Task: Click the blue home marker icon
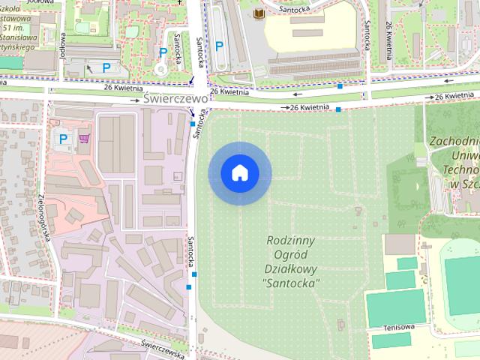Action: click(240, 173)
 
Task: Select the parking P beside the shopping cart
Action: click(64, 138)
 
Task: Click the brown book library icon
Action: click(259, 15)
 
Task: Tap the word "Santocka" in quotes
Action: click(292, 283)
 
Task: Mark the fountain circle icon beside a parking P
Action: click(160, 68)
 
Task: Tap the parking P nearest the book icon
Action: click(219, 46)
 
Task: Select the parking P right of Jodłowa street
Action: click(106, 67)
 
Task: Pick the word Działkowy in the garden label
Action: click(291, 268)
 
